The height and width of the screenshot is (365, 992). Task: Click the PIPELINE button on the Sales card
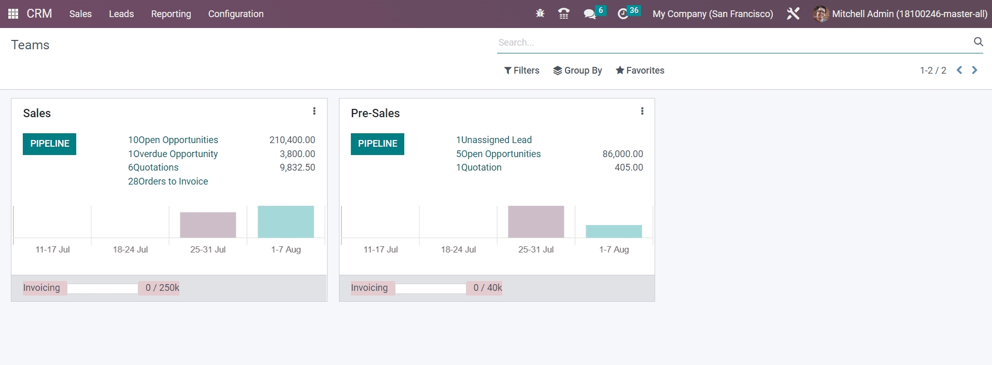tap(49, 144)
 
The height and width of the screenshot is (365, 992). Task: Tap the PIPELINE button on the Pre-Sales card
tap(377, 144)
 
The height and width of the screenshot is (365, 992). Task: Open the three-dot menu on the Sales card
tap(314, 111)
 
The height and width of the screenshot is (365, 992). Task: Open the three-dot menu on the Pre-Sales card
tap(642, 111)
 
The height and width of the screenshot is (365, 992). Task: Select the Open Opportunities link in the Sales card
tap(173, 140)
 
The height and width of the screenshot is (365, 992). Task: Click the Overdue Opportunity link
tap(173, 154)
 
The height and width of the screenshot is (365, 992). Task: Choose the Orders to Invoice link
tap(168, 181)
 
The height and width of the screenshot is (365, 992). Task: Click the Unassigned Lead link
tap(494, 140)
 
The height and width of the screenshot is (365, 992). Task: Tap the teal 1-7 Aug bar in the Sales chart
tap(286, 222)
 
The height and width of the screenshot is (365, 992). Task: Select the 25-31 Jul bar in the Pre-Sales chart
tap(536, 222)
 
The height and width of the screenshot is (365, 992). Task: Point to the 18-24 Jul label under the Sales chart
tap(130, 249)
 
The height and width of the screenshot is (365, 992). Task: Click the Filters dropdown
tap(522, 71)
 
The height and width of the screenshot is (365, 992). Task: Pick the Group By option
tap(577, 71)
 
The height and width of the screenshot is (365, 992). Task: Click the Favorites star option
tap(640, 71)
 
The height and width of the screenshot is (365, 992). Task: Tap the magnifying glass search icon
tap(978, 42)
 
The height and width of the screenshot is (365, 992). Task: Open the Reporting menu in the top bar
tap(171, 14)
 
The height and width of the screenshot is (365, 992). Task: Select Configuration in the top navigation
tap(236, 14)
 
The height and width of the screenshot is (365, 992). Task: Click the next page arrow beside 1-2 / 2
tap(974, 70)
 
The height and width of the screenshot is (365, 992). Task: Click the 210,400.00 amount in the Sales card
tap(292, 140)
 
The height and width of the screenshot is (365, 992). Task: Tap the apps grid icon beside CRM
tap(13, 14)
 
